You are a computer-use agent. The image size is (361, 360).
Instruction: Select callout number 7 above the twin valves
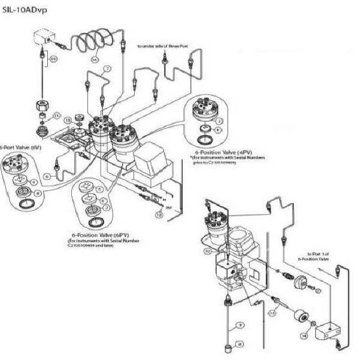(107, 69)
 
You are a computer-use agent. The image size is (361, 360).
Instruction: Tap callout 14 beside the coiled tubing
(94, 60)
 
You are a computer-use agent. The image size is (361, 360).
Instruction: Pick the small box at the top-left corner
(41, 40)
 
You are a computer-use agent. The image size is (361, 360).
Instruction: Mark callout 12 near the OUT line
(159, 213)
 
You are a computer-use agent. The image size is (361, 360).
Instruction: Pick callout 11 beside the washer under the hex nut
(57, 116)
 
